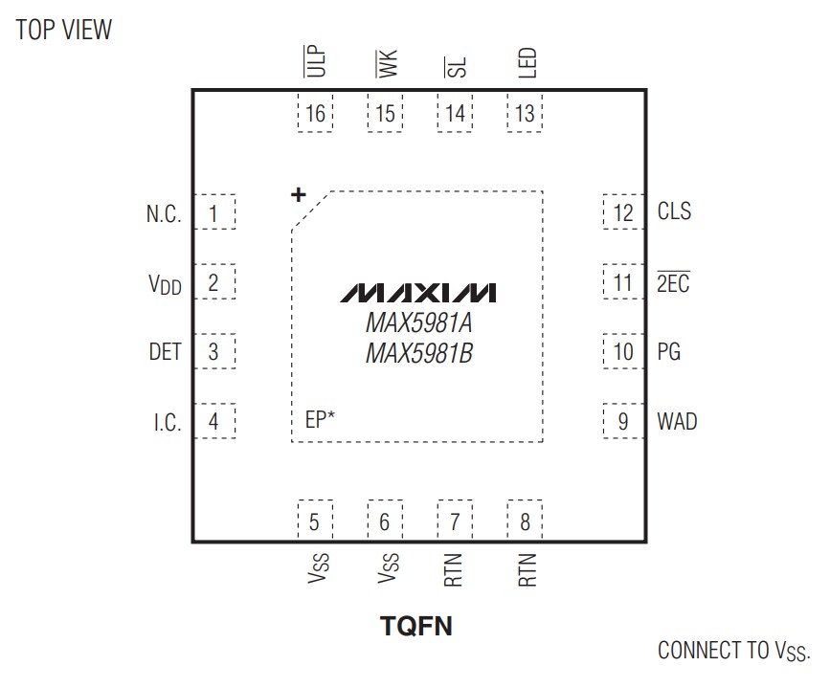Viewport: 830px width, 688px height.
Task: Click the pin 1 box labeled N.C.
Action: [x=213, y=212]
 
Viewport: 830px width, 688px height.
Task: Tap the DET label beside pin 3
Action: [x=165, y=352]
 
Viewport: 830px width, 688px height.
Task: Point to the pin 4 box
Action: [x=213, y=421]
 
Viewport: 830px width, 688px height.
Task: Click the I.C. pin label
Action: [x=167, y=422]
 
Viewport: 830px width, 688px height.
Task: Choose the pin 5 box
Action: [x=314, y=522]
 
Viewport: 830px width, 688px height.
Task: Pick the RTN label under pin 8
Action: [x=527, y=569]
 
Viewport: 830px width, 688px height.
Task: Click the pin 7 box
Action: [x=455, y=522]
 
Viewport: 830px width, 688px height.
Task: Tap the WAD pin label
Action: [x=677, y=421]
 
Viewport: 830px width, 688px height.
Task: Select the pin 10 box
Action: [x=623, y=352]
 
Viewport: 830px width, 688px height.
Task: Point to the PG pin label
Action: [x=668, y=352]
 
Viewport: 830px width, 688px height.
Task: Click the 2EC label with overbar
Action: [x=672, y=283]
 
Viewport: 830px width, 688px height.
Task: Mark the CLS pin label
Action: [x=674, y=211]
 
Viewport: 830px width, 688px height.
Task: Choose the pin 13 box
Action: [x=525, y=114]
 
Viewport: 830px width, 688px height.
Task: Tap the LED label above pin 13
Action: [x=527, y=63]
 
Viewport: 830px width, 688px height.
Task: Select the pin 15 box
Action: [x=385, y=114]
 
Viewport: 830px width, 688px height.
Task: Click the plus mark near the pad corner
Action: [x=299, y=195]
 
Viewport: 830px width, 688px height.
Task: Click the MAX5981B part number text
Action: [x=419, y=354]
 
